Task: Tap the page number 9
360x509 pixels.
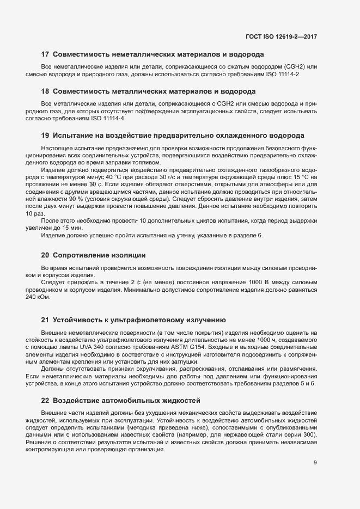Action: point(315,463)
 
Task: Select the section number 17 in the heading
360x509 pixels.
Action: point(46,54)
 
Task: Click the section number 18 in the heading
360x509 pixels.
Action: point(46,91)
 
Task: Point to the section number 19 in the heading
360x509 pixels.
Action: point(46,135)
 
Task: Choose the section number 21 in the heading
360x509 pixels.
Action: point(46,320)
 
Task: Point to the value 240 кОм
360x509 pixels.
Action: point(54,297)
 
